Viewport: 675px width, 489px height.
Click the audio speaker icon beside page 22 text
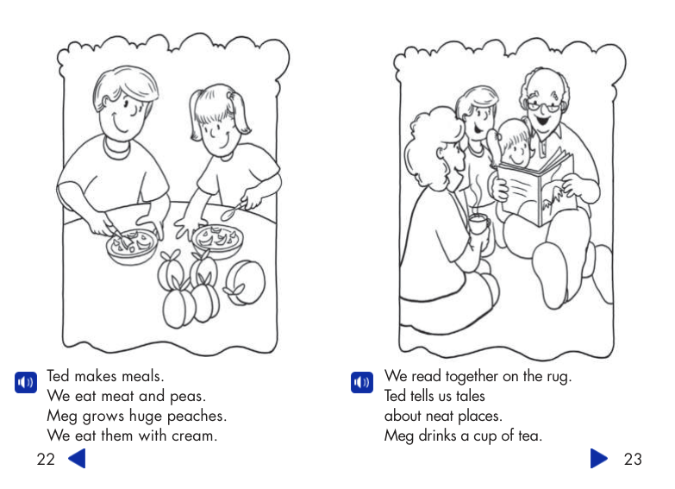25,381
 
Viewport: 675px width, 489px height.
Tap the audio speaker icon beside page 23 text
362,381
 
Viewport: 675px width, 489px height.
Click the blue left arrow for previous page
77,458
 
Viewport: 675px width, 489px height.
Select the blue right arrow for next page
598,458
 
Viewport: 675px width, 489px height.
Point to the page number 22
46,459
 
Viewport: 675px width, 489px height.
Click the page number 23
633,459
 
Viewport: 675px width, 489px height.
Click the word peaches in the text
196,417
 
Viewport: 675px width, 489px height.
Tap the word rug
558,377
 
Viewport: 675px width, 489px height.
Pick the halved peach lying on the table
245,281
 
